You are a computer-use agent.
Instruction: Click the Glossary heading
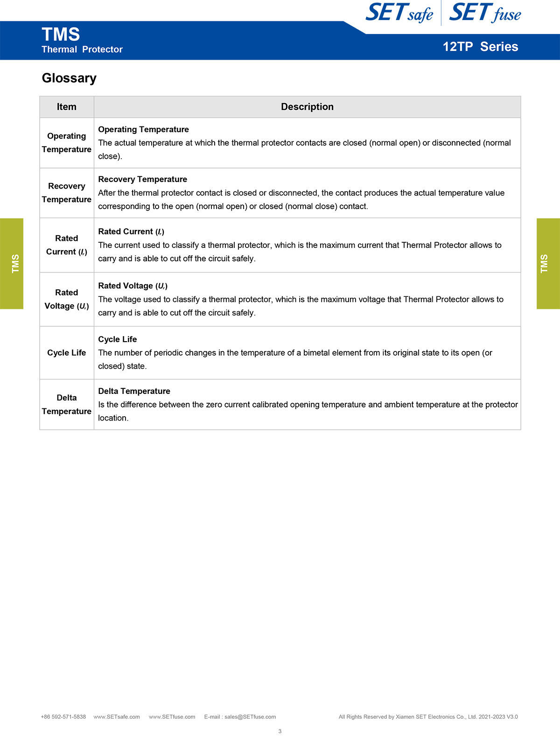click(x=69, y=78)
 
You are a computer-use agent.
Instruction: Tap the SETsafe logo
click(x=399, y=13)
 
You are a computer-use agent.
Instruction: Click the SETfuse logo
click(x=485, y=13)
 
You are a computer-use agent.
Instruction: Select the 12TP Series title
click(x=480, y=47)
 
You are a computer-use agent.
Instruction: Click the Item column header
click(x=67, y=107)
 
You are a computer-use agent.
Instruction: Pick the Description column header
click(x=307, y=107)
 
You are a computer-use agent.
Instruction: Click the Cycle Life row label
click(x=67, y=353)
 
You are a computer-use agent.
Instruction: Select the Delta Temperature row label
click(x=67, y=405)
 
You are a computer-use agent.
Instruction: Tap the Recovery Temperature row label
click(x=67, y=193)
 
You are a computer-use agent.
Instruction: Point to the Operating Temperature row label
click(x=67, y=143)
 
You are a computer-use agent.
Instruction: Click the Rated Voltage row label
click(x=67, y=299)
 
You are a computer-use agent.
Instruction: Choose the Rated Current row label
click(x=67, y=245)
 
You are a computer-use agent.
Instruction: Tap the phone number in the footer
click(x=63, y=717)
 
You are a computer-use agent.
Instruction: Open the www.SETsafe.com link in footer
click(x=117, y=717)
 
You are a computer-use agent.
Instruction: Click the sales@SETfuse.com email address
click(x=250, y=717)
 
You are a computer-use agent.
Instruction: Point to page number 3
click(x=280, y=731)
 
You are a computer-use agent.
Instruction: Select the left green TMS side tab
click(x=12, y=264)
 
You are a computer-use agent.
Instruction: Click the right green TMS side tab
click(x=548, y=264)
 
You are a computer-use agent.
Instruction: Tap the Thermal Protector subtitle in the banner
click(x=82, y=49)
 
